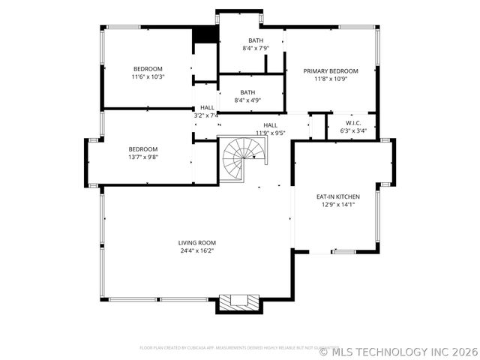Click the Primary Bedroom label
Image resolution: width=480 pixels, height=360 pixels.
pos(331,71)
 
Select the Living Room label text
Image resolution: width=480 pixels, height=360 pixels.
pos(197,242)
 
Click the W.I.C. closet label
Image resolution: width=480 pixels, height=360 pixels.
pos(353,122)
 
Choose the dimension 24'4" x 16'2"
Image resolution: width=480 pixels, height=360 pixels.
pos(197,250)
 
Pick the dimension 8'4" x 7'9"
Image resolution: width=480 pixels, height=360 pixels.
pos(256,48)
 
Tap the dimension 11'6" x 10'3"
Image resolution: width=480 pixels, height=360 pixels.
pos(148,76)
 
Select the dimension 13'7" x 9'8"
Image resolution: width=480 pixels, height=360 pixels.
pos(143,157)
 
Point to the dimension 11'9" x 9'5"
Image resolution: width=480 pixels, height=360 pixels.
pos(271,133)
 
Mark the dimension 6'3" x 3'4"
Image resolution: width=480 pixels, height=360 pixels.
pos(353,130)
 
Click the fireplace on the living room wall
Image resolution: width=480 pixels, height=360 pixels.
pos(239,302)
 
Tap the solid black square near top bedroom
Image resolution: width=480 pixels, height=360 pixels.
pos(204,35)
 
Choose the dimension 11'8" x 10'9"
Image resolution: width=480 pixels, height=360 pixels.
pos(331,79)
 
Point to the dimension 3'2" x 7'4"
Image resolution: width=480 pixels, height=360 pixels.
pos(206,115)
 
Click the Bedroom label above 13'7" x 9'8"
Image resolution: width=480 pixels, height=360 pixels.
pos(143,148)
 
